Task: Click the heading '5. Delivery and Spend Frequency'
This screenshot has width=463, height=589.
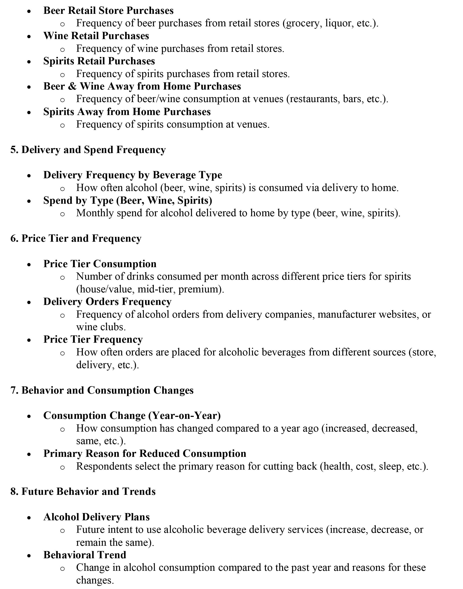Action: tap(88, 150)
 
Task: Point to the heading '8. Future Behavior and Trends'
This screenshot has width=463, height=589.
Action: tap(83, 492)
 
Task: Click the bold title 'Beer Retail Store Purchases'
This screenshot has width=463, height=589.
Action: tap(108, 11)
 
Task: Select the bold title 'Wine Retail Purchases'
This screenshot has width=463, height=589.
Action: tap(96, 36)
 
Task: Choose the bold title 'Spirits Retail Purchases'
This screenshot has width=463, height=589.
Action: tap(99, 61)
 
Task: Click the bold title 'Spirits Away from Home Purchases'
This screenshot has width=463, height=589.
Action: tap(127, 112)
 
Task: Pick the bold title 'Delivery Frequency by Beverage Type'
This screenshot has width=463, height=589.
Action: tap(133, 175)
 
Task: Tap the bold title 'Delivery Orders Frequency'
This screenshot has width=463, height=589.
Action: tap(107, 302)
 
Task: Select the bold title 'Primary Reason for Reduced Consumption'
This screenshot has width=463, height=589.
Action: tap(145, 454)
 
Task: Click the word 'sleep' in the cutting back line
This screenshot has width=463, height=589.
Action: tap(390, 466)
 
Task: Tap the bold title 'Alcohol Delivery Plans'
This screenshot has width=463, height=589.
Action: tap(97, 517)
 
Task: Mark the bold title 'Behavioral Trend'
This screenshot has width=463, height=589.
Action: tap(85, 555)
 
